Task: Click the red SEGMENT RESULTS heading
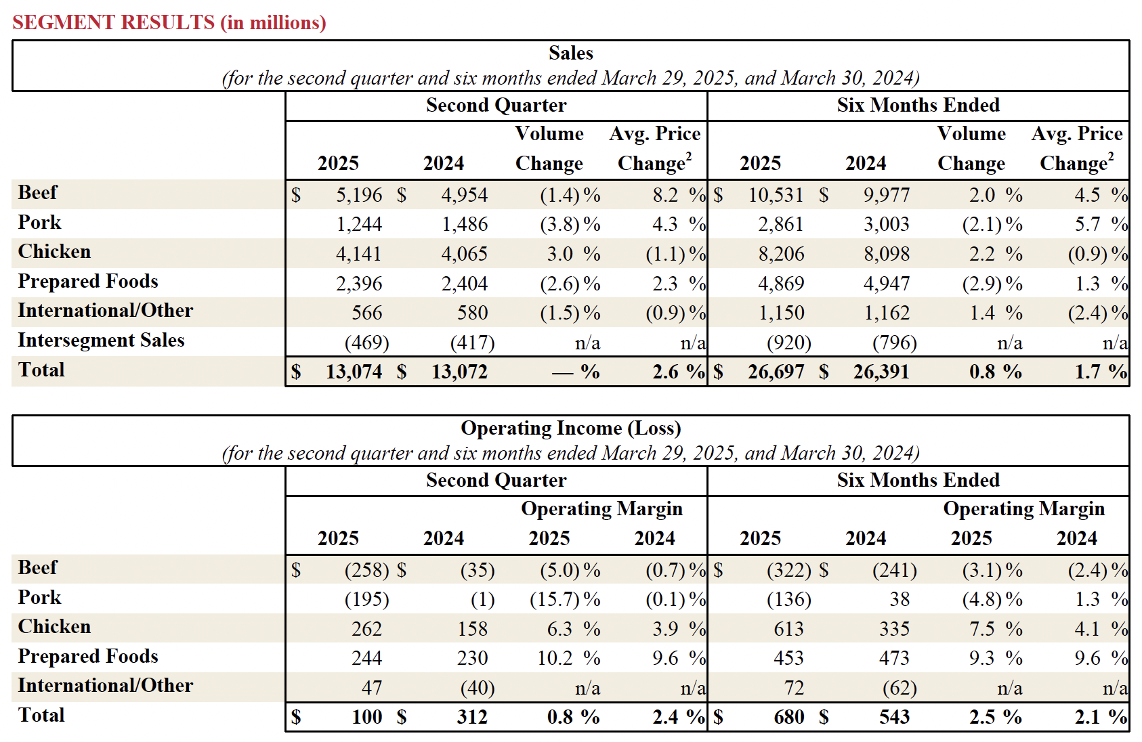[x=169, y=22]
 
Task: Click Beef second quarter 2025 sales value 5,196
[x=359, y=195]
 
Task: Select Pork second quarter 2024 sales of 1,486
[x=465, y=224]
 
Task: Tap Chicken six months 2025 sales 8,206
[x=781, y=254]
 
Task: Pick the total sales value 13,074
[x=354, y=372]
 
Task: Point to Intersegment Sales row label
[x=101, y=340]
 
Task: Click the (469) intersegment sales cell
[x=366, y=343]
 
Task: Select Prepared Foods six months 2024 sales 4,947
[x=886, y=284]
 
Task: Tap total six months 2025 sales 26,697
[x=776, y=372]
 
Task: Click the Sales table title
[x=570, y=53]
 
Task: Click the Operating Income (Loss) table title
[x=570, y=428]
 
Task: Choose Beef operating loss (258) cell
[x=366, y=570]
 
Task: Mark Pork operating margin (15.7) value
[x=555, y=600]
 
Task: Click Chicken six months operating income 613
[x=788, y=629]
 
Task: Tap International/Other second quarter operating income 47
[x=372, y=688]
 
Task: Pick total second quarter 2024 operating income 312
[x=472, y=717]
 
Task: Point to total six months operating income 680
[x=788, y=717]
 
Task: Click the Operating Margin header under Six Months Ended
[x=1023, y=508]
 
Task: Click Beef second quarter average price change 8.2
[x=665, y=195]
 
